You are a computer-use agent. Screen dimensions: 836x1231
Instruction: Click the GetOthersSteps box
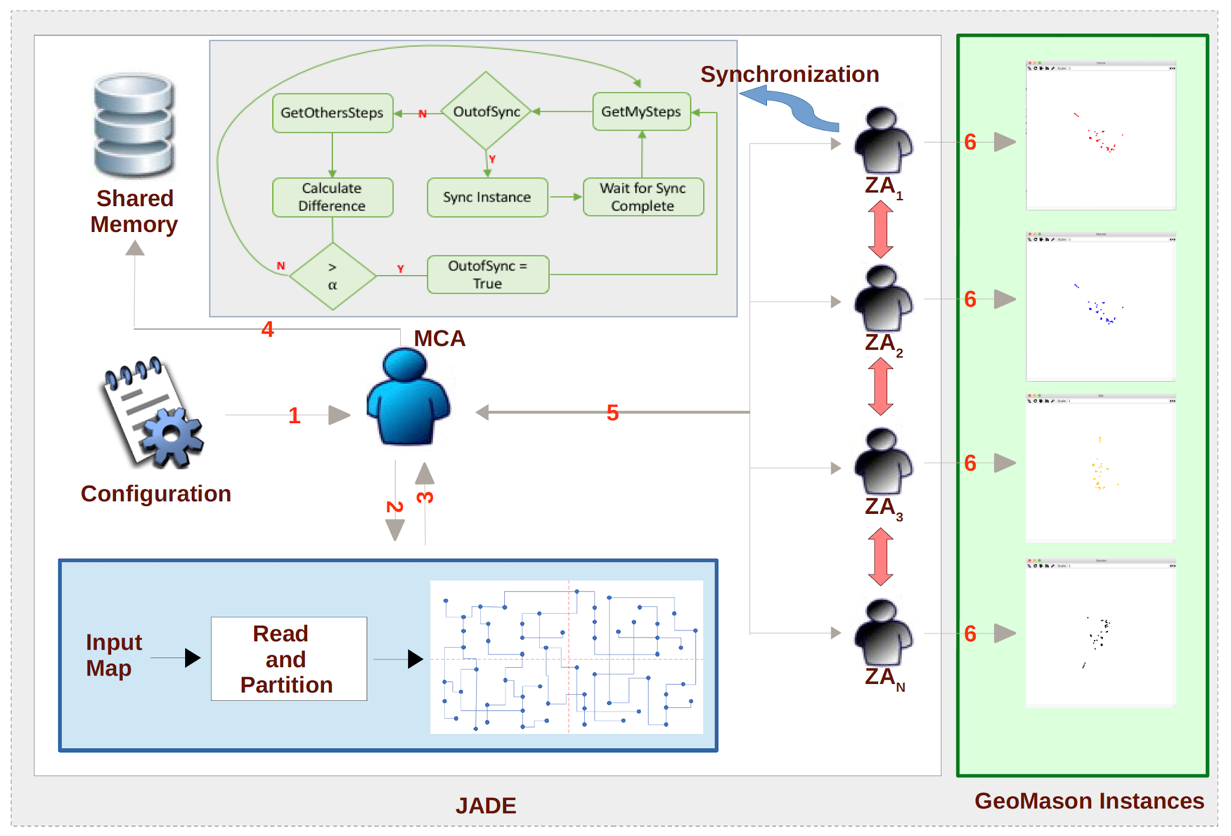(x=332, y=113)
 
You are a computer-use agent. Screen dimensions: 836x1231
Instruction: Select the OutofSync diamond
(x=486, y=111)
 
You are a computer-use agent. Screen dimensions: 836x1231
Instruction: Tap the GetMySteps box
(x=641, y=112)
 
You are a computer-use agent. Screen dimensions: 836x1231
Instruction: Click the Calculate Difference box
(x=332, y=197)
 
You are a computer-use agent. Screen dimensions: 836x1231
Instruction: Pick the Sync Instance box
(x=487, y=197)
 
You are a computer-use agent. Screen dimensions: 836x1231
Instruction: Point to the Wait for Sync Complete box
(x=643, y=197)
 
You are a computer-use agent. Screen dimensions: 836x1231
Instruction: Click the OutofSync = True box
(x=487, y=275)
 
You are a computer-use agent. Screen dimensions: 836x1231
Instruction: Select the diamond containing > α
(x=332, y=276)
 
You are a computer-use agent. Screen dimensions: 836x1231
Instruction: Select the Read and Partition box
(x=289, y=659)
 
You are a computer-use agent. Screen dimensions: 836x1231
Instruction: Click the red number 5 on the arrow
(x=612, y=413)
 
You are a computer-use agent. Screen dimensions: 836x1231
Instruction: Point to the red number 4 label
(x=267, y=329)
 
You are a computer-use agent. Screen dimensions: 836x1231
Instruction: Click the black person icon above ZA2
(x=882, y=299)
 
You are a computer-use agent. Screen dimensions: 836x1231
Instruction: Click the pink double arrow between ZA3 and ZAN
(x=881, y=557)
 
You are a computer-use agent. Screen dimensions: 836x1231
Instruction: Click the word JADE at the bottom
(x=486, y=805)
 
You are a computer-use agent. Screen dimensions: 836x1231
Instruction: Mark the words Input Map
(x=113, y=655)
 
